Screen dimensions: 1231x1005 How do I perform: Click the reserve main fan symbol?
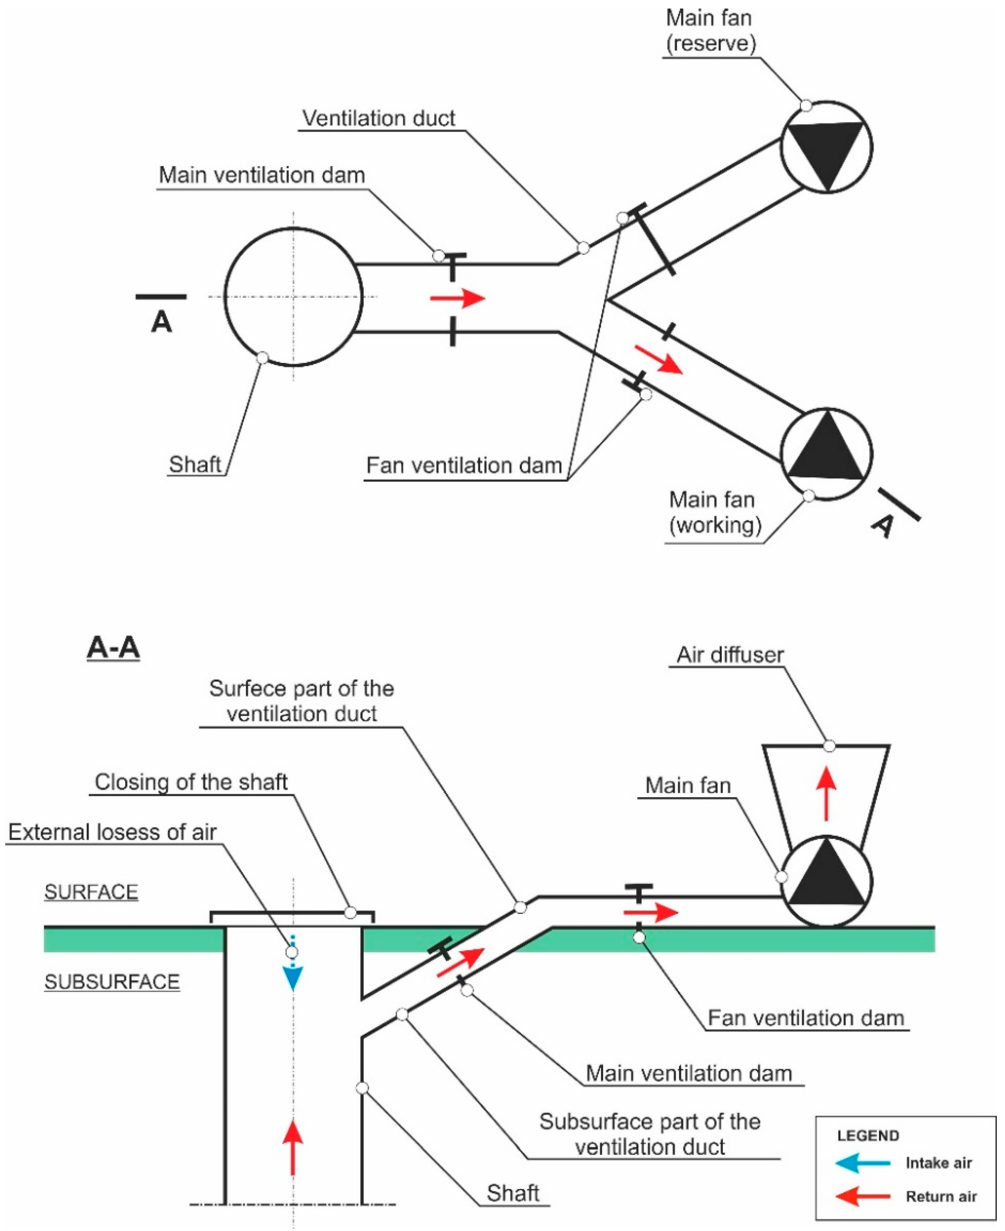[826, 147]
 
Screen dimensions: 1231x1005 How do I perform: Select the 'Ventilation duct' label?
[378, 118]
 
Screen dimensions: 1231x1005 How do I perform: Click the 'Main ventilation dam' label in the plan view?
[262, 175]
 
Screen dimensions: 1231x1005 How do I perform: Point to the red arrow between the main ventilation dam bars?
[457, 298]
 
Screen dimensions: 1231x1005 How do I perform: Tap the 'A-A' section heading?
[113, 647]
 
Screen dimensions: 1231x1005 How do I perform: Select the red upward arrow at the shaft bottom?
[293, 1148]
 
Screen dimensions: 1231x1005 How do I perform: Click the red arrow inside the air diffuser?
[826, 793]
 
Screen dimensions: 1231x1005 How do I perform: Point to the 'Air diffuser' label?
[730, 654]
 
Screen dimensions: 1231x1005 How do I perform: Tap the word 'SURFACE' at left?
[92, 892]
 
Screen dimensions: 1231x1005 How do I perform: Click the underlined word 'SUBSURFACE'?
[112, 981]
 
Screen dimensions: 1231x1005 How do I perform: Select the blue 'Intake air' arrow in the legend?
[863, 1163]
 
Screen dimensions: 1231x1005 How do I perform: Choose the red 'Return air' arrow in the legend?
[863, 1196]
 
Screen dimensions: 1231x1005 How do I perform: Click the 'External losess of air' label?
[112, 832]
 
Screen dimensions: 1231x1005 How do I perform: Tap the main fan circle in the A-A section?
[826, 880]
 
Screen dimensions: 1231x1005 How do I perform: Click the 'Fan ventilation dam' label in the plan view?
[464, 465]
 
